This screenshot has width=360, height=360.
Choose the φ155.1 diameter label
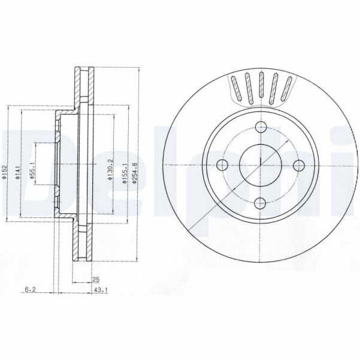(x=125, y=173)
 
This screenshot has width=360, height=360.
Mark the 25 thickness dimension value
(x=96, y=279)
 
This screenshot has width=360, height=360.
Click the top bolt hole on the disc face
(x=261, y=127)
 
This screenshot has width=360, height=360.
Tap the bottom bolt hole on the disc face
(x=261, y=203)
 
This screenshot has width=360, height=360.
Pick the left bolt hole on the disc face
(x=223, y=165)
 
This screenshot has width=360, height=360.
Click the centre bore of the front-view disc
(x=261, y=165)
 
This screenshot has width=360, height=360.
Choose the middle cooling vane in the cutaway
(x=261, y=87)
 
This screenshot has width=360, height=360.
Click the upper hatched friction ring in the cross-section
(x=83, y=87)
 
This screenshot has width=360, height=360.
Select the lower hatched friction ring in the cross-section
(x=83, y=243)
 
